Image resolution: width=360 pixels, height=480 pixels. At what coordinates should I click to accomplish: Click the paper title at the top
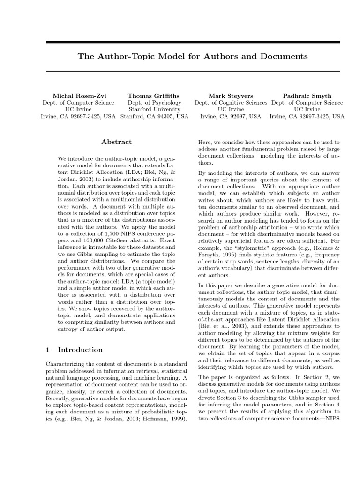(193, 56)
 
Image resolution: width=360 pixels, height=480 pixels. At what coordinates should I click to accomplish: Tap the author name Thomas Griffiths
(154, 95)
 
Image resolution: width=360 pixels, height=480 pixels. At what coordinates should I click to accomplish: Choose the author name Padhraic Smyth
(307, 95)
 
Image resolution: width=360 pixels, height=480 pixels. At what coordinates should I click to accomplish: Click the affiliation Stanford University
(154, 109)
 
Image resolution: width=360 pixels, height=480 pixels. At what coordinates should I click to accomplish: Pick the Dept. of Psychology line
(154, 102)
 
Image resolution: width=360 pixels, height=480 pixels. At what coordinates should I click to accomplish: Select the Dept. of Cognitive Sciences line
(231, 102)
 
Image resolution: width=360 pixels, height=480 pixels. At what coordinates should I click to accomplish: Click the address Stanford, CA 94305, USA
(154, 116)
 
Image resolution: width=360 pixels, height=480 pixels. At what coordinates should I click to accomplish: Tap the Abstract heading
(117, 142)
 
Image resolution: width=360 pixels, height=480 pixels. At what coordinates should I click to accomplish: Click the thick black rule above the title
(193, 42)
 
